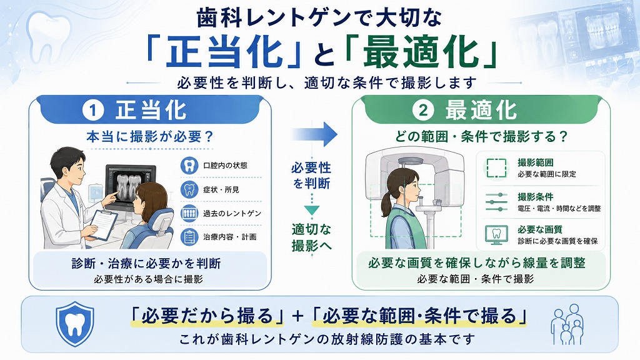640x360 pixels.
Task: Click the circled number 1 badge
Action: pos(93,111)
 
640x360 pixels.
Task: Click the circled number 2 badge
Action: pos(423,111)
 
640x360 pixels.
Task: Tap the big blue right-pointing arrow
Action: pos(315,134)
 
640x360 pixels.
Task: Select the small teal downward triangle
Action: pos(311,210)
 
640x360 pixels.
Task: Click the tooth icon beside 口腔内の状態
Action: pos(189,165)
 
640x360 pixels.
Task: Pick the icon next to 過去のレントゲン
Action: pos(189,213)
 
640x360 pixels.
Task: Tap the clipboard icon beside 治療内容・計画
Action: pos(189,237)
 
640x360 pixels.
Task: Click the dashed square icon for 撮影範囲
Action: pos(496,167)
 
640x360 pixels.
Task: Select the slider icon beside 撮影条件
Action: pos(496,202)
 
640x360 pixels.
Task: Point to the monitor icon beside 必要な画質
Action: pos(496,235)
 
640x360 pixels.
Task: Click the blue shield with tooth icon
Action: pos(75,324)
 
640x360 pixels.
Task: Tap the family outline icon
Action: pos(567,324)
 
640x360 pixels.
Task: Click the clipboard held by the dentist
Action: pos(103,225)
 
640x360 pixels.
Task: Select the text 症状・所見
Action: pos(221,190)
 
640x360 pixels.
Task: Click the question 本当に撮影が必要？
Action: pos(150,136)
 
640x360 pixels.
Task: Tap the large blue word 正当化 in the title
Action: pos(224,52)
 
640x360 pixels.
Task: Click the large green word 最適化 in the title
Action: pos(421,52)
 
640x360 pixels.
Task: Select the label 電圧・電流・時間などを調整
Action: pos(559,209)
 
